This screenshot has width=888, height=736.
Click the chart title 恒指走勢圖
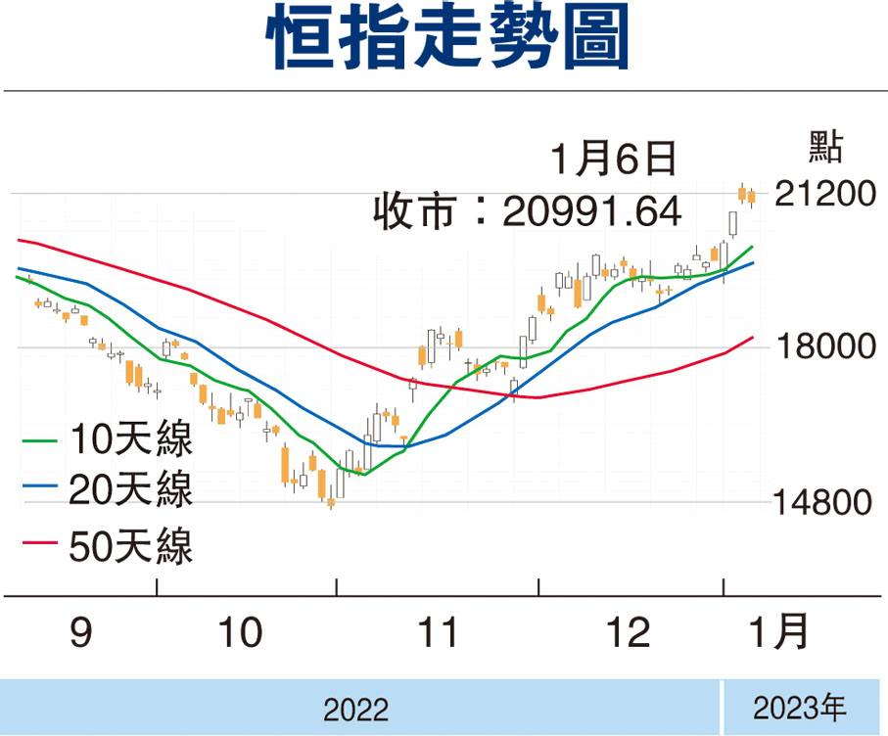447,38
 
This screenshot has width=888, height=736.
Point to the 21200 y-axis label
825,194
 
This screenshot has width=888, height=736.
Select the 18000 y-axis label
826,345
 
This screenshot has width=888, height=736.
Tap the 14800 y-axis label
822,502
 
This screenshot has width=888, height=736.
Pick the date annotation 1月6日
613,159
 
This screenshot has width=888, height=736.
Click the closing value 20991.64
591,211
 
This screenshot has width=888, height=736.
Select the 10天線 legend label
131,438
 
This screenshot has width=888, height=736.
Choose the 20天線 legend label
131,489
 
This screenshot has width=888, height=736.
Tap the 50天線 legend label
131,546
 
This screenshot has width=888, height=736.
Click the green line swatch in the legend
39,440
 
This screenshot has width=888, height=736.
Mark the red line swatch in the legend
39,543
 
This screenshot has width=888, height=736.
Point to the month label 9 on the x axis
81,632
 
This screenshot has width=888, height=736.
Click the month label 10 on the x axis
241,632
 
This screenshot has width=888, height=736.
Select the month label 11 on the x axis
438,632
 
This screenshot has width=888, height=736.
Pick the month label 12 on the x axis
628,632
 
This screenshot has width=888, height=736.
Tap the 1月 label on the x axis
778,631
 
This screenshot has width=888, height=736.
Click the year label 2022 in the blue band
355,710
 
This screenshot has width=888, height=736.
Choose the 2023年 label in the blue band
799,708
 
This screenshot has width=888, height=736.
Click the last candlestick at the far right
752,197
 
